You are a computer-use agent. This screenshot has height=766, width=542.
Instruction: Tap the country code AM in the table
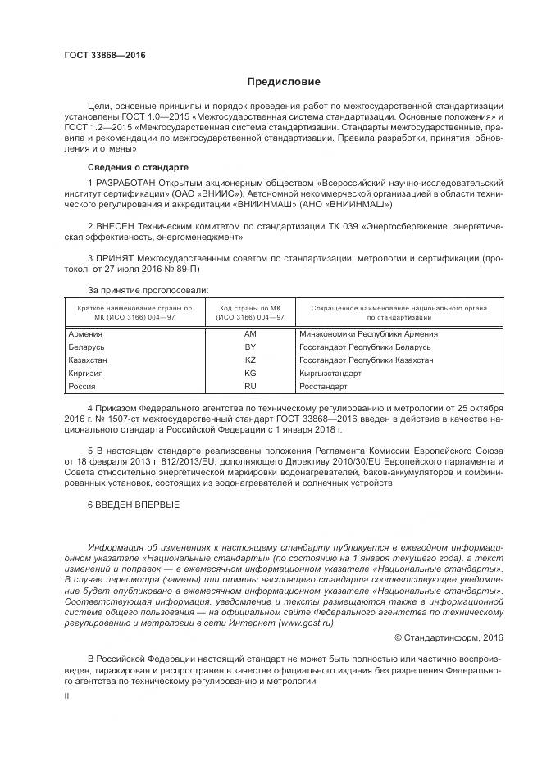pyautogui.click(x=251, y=334)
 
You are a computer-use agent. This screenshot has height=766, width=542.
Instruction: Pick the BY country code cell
pyautogui.click(x=251, y=347)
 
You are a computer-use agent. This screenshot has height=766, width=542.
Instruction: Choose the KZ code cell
pyautogui.click(x=251, y=360)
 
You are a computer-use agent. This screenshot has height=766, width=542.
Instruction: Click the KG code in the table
pyautogui.click(x=251, y=373)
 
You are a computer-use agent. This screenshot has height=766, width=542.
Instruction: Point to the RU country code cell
pyautogui.click(x=251, y=386)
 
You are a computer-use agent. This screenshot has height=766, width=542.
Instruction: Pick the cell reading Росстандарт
pyautogui.click(x=324, y=386)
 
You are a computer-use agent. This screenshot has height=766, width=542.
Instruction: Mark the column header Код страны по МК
pyautogui.click(x=250, y=307)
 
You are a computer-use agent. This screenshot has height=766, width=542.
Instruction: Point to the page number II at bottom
pyautogui.click(x=67, y=696)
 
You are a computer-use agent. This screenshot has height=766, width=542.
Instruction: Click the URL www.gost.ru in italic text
pyautogui.click(x=307, y=623)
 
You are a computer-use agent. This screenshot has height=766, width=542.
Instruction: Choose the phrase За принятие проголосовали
pyautogui.click(x=148, y=290)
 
